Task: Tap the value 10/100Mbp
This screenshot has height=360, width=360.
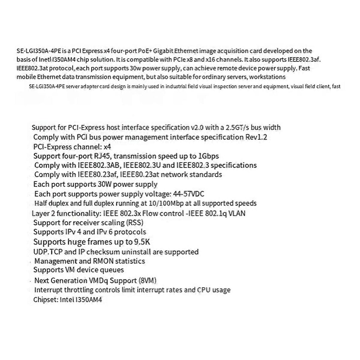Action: coord(167,203)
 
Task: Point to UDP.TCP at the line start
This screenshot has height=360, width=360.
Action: coord(47,252)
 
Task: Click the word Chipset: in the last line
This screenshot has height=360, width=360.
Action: coord(44,300)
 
